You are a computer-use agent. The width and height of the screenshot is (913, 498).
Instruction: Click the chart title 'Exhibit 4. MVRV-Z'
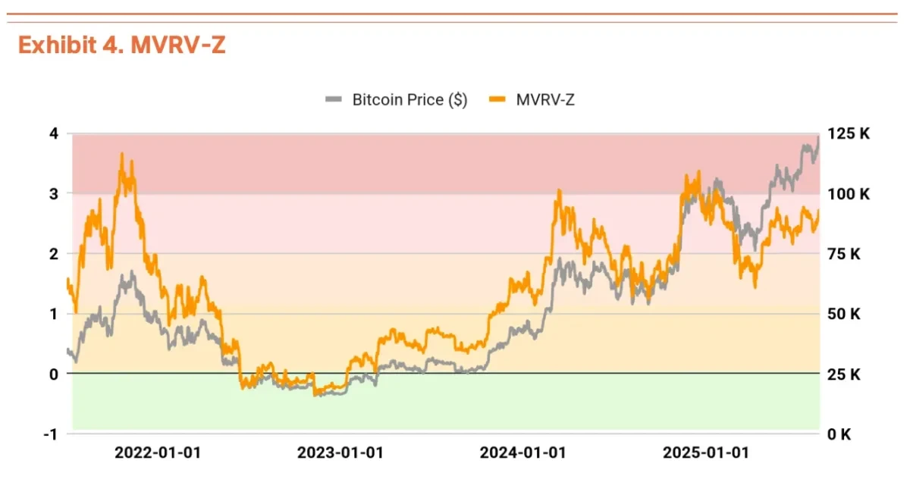pyautogui.click(x=121, y=45)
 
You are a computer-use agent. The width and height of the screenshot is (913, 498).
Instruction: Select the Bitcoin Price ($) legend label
pyautogui.click(x=409, y=99)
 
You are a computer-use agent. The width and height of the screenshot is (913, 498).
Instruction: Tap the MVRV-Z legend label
pyautogui.click(x=545, y=99)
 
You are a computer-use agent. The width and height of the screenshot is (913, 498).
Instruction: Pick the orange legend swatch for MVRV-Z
pyautogui.click(x=497, y=99)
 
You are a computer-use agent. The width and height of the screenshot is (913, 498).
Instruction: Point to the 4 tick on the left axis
pyautogui.click(x=53, y=133)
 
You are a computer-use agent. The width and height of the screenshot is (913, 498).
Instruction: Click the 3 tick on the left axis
pyautogui.click(x=53, y=193)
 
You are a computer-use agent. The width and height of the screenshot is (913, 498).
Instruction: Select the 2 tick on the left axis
pyautogui.click(x=53, y=253)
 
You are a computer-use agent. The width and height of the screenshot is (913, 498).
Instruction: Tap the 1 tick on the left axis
pyautogui.click(x=53, y=313)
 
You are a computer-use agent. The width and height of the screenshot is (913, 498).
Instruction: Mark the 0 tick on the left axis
pyautogui.click(x=53, y=374)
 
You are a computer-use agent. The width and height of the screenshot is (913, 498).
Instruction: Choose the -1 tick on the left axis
pyautogui.click(x=50, y=434)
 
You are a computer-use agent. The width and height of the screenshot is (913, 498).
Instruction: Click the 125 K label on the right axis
pyautogui.click(x=849, y=133)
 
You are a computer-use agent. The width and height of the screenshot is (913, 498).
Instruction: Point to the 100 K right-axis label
pyautogui.click(x=849, y=193)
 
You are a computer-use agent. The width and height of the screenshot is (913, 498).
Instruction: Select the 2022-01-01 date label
pyautogui.click(x=158, y=453)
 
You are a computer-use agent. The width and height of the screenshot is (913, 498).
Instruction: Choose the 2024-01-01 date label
pyautogui.click(x=523, y=453)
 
